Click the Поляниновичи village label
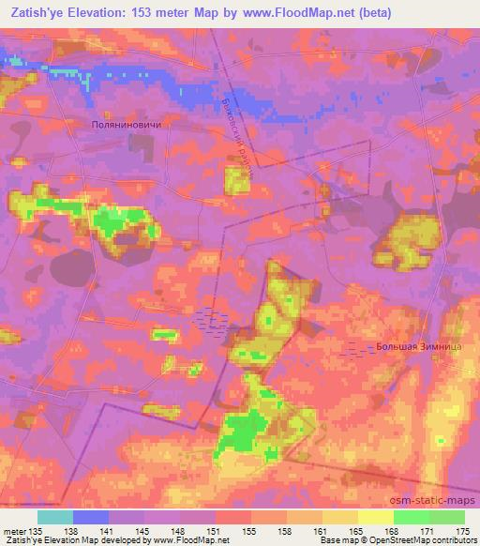click(132, 123)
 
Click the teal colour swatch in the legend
click(55, 516)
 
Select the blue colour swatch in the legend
click(91, 516)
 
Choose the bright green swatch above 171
click(412, 516)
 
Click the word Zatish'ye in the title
click(38, 13)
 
